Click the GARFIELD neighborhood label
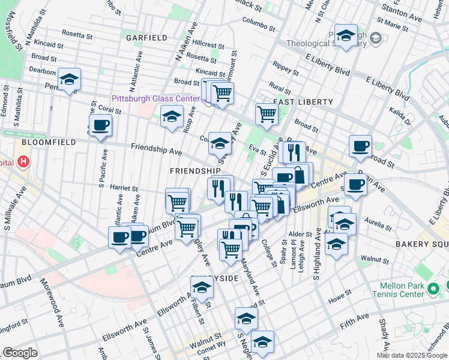point(146,37)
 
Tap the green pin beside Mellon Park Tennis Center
point(435,291)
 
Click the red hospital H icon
point(23,161)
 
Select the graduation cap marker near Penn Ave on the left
point(70,80)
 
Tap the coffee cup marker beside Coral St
point(100,125)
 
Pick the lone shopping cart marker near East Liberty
point(266,113)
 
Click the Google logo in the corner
point(19,353)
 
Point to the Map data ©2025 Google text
point(412,355)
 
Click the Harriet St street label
point(124,188)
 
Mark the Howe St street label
point(339,295)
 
